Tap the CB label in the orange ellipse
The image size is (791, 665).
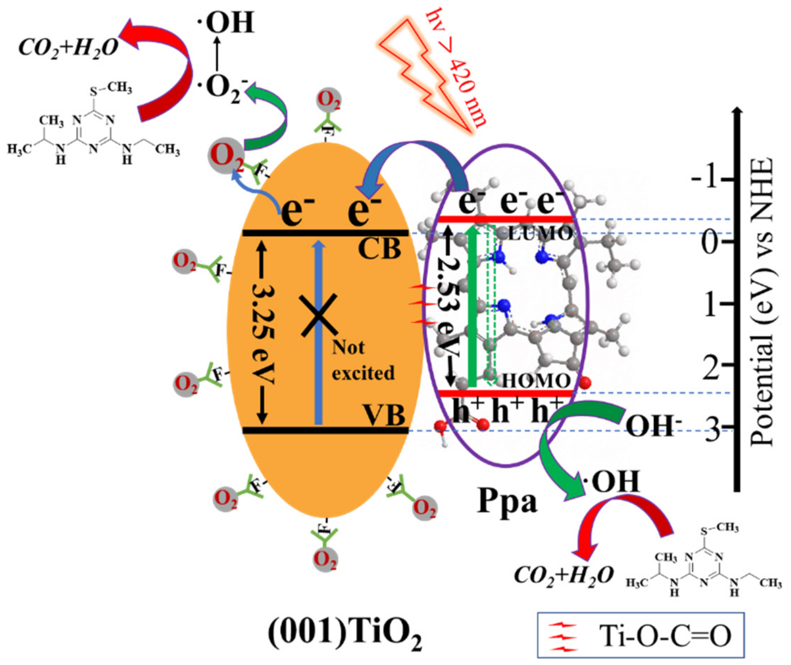[x=379, y=250]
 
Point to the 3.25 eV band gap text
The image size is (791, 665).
[x=263, y=332]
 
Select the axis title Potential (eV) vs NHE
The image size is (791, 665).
[x=761, y=302]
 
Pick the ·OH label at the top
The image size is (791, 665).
[x=226, y=23]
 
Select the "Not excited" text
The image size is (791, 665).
[x=363, y=360]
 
